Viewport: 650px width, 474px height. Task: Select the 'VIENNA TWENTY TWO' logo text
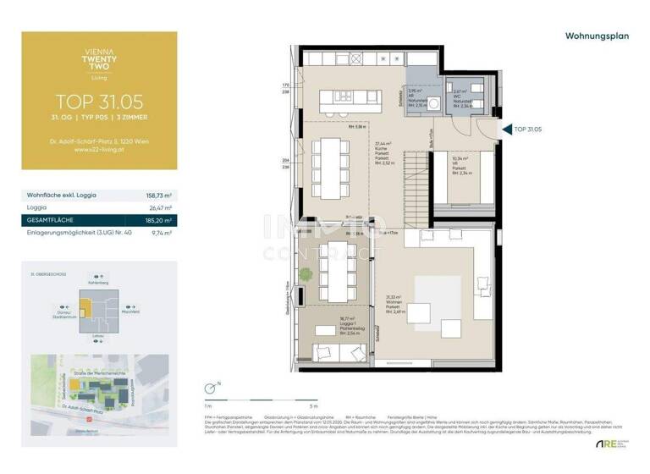[99, 63]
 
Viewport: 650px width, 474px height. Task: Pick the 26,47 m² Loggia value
[159, 207]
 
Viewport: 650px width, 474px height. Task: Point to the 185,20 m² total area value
[157, 219]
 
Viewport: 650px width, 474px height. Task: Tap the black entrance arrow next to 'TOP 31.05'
[507, 130]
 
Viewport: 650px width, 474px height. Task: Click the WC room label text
[461, 96]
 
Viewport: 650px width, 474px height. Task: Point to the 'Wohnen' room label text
[394, 302]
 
